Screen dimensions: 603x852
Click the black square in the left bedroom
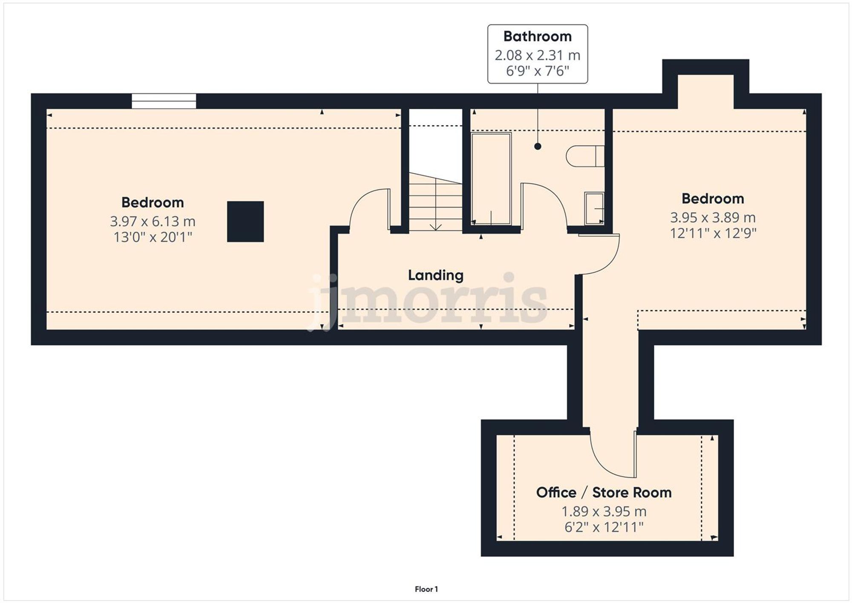(x=245, y=222)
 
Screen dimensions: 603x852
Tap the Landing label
(x=435, y=275)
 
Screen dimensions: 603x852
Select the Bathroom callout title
(x=537, y=37)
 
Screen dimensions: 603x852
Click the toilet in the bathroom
(x=585, y=156)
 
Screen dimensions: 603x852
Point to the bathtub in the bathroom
(x=491, y=179)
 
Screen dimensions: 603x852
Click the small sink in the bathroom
(x=594, y=208)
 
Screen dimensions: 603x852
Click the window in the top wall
(x=164, y=101)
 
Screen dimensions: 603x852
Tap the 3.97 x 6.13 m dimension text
(x=153, y=222)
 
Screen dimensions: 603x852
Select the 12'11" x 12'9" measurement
(x=713, y=234)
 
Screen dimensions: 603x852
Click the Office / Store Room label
(x=604, y=493)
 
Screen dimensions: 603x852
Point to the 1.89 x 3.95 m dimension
(x=604, y=511)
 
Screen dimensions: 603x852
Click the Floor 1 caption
(x=426, y=589)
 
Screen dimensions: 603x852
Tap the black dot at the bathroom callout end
(x=538, y=146)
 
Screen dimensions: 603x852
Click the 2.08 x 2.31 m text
(x=537, y=55)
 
